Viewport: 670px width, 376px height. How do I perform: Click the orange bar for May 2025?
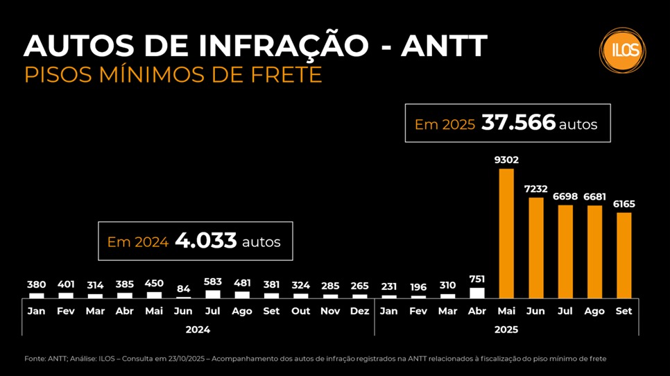pos(507,233)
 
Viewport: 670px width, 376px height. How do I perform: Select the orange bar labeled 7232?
pos(536,248)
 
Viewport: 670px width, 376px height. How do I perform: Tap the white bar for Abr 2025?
pos(477,293)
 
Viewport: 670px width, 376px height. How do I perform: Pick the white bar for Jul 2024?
pos(213,294)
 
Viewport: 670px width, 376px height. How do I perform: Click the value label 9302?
pos(506,160)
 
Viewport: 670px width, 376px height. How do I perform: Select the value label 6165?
pos(624,204)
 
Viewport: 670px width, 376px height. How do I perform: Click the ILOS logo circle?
pos(622,50)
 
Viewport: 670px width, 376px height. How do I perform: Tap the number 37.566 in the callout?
pos(518,123)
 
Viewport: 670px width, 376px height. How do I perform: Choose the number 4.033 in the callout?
pos(206,241)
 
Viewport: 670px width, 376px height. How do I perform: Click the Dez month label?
pos(359,311)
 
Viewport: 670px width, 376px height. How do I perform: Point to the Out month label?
pos(300,311)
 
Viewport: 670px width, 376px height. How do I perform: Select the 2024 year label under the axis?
pos(198,330)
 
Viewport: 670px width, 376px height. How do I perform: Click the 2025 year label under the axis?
pos(506,330)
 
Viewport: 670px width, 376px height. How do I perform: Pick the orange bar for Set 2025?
pos(624,255)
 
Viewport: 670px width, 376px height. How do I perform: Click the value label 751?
pos(477,278)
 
